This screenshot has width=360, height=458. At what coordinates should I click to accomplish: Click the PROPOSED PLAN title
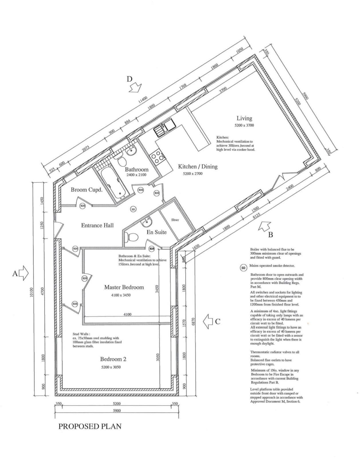(90, 426)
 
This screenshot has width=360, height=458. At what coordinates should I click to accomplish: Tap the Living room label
(244, 118)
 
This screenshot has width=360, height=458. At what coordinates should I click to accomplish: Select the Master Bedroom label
(124, 287)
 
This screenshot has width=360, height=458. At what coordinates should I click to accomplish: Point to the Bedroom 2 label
(113, 359)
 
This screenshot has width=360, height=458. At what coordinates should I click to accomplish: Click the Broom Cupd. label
(87, 190)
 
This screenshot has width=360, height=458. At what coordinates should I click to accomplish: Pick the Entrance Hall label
(97, 225)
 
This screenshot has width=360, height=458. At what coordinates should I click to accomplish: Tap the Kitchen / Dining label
(198, 166)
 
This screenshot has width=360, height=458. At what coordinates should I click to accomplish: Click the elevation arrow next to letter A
(24, 274)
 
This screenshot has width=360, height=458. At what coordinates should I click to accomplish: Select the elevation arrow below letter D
(135, 88)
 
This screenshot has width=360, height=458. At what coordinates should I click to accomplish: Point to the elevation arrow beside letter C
(208, 321)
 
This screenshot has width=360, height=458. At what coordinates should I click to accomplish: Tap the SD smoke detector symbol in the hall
(133, 209)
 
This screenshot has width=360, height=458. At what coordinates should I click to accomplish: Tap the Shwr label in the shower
(175, 220)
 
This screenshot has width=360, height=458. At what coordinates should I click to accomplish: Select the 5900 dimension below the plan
(117, 411)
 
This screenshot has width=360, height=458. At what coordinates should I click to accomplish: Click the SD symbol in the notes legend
(243, 268)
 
